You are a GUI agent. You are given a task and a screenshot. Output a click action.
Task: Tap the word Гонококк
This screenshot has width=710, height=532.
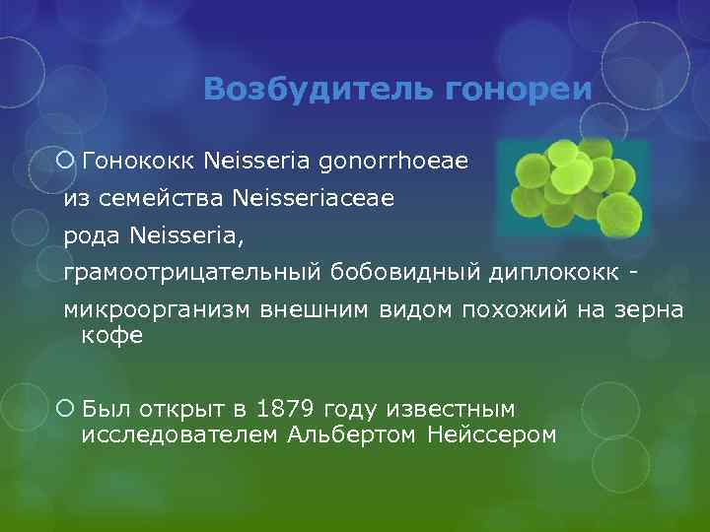pos(140,159)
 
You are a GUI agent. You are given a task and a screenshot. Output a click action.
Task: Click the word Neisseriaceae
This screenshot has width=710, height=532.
pos(314,199)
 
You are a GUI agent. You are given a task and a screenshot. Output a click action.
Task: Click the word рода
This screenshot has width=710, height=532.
pos(91,236)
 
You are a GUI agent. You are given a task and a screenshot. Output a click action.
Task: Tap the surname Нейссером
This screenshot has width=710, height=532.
pos(492,434)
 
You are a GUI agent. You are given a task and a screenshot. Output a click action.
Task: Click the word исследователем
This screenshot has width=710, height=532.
pos(180,434)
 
